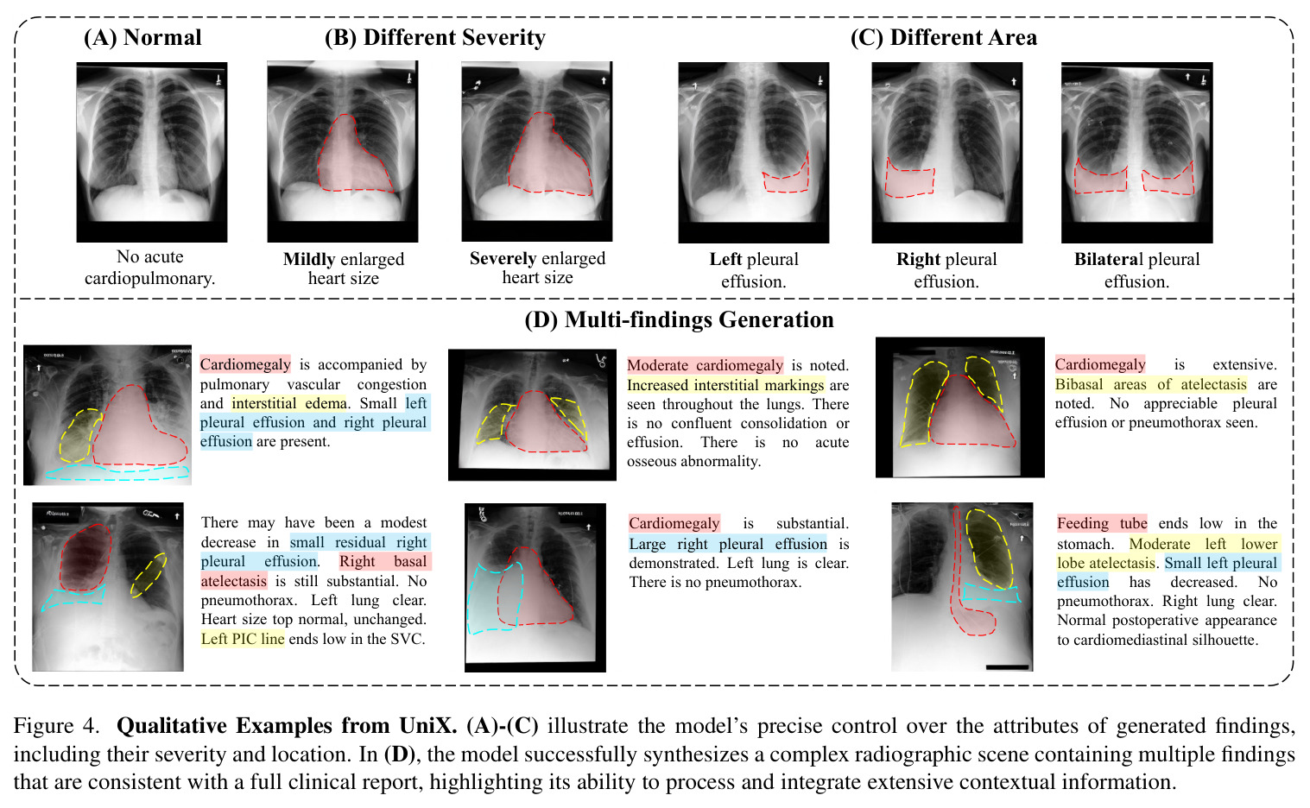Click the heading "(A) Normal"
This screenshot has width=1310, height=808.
(x=142, y=37)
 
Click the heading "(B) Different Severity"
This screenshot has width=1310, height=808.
(x=435, y=37)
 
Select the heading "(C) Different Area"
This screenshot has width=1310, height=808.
(x=944, y=37)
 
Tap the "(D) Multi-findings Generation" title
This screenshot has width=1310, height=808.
(x=679, y=319)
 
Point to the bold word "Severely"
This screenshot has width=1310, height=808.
(x=503, y=258)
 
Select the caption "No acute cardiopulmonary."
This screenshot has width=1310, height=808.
(x=149, y=268)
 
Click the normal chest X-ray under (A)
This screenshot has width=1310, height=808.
(x=151, y=152)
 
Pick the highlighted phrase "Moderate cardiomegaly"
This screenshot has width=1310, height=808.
(x=705, y=365)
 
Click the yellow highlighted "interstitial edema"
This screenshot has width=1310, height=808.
(x=289, y=403)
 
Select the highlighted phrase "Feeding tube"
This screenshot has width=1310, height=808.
(x=1102, y=523)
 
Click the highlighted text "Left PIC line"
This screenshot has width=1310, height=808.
(x=243, y=639)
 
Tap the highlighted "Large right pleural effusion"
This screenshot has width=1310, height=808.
(x=728, y=544)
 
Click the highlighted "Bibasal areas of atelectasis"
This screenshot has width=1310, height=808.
(x=1151, y=384)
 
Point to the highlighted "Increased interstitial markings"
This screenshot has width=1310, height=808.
(x=725, y=385)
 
